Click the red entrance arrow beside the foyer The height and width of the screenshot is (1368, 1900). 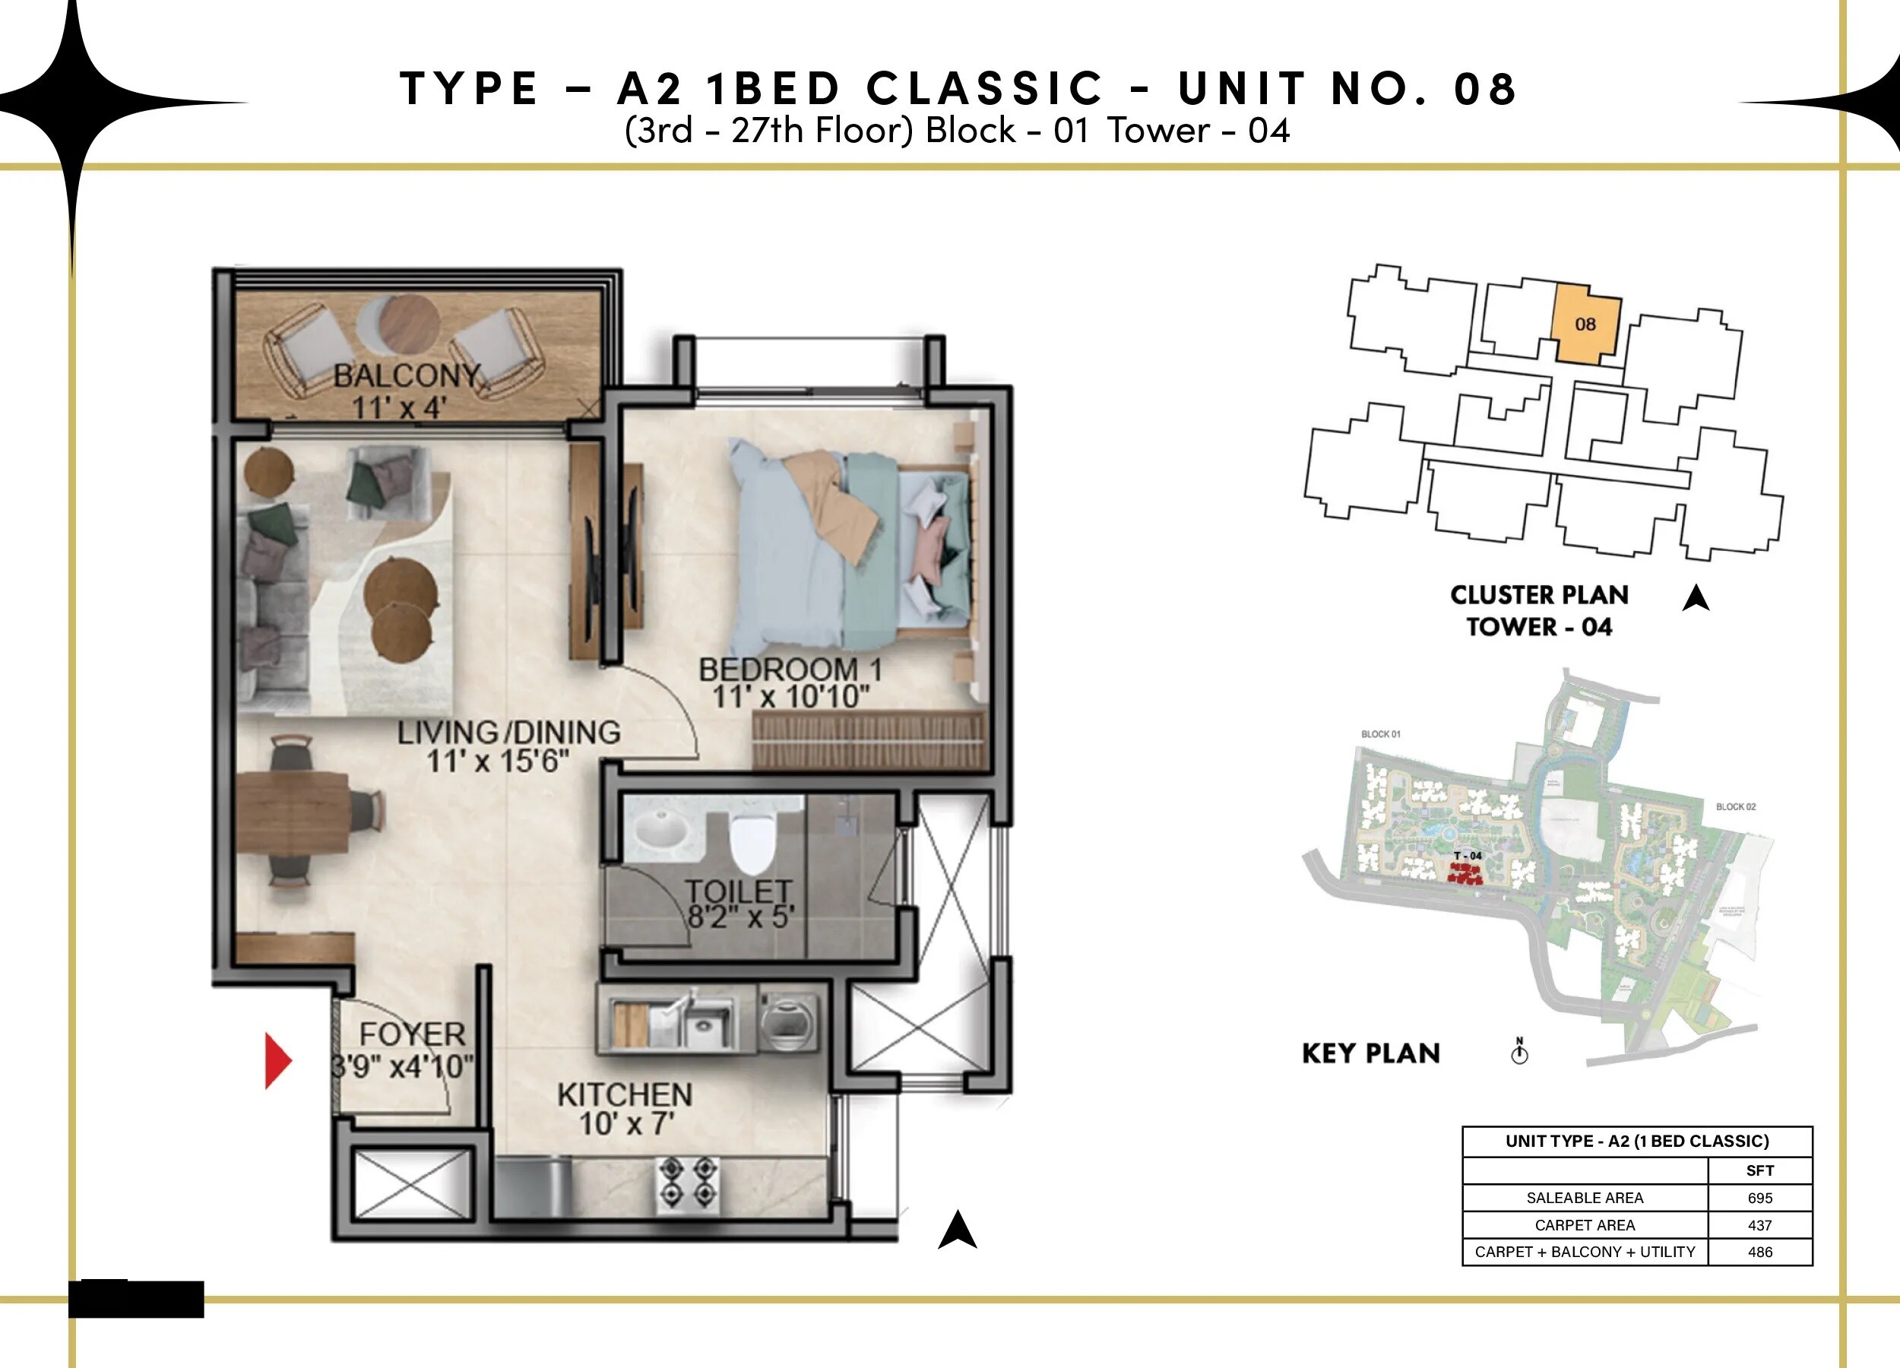click(277, 1060)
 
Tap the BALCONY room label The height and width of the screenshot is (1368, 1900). click(407, 375)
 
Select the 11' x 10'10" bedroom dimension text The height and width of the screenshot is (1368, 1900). click(790, 697)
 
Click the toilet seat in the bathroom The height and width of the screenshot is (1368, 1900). click(752, 844)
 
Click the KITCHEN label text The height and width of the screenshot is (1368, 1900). click(624, 1095)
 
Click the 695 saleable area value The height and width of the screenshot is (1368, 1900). click(1759, 1198)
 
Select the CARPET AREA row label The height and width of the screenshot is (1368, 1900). click(1584, 1225)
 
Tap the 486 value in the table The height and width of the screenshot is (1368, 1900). click(1759, 1252)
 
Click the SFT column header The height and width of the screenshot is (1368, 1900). click(1759, 1170)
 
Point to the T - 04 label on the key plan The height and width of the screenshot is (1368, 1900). click(1467, 855)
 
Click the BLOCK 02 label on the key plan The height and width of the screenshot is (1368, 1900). click(1735, 806)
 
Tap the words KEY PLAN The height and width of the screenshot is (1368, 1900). click(1370, 1053)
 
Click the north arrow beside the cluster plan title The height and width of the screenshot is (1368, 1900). click(1696, 598)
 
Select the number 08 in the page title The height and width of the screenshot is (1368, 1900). click(1484, 89)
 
